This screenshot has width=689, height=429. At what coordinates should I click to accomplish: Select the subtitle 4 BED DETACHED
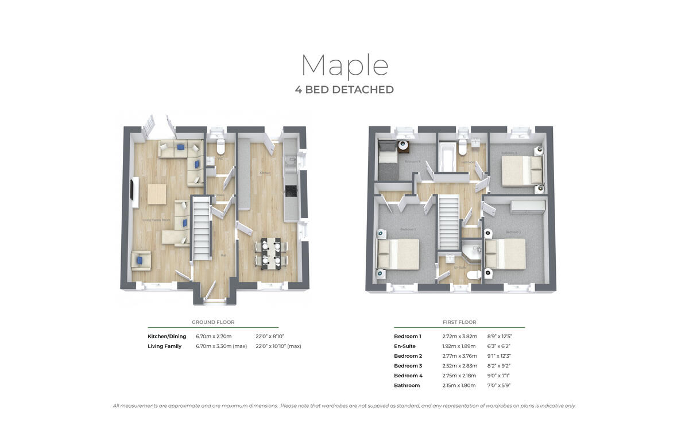click(x=344, y=90)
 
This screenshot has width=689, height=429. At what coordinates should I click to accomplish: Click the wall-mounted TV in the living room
click(x=134, y=192)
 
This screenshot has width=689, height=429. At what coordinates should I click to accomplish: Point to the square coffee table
click(x=157, y=194)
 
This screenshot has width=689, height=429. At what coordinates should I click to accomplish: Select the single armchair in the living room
click(x=141, y=260)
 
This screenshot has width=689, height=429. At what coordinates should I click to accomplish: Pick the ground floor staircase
click(x=201, y=227)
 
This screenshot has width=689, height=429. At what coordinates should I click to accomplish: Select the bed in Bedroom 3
click(x=521, y=171)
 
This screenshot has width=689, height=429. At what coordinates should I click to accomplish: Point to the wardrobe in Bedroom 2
click(x=527, y=205)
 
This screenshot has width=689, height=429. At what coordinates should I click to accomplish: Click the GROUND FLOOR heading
click(x=213, y=322)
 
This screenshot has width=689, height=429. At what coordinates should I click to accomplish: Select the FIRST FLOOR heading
click(x=459, y=322)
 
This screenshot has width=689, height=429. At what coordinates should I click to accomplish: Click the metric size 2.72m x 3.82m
click(x=459, y=336)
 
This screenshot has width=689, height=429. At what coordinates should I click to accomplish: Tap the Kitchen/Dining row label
click(x=167, y=336)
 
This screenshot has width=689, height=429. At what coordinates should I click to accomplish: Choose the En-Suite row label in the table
click(x=405, y=346)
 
